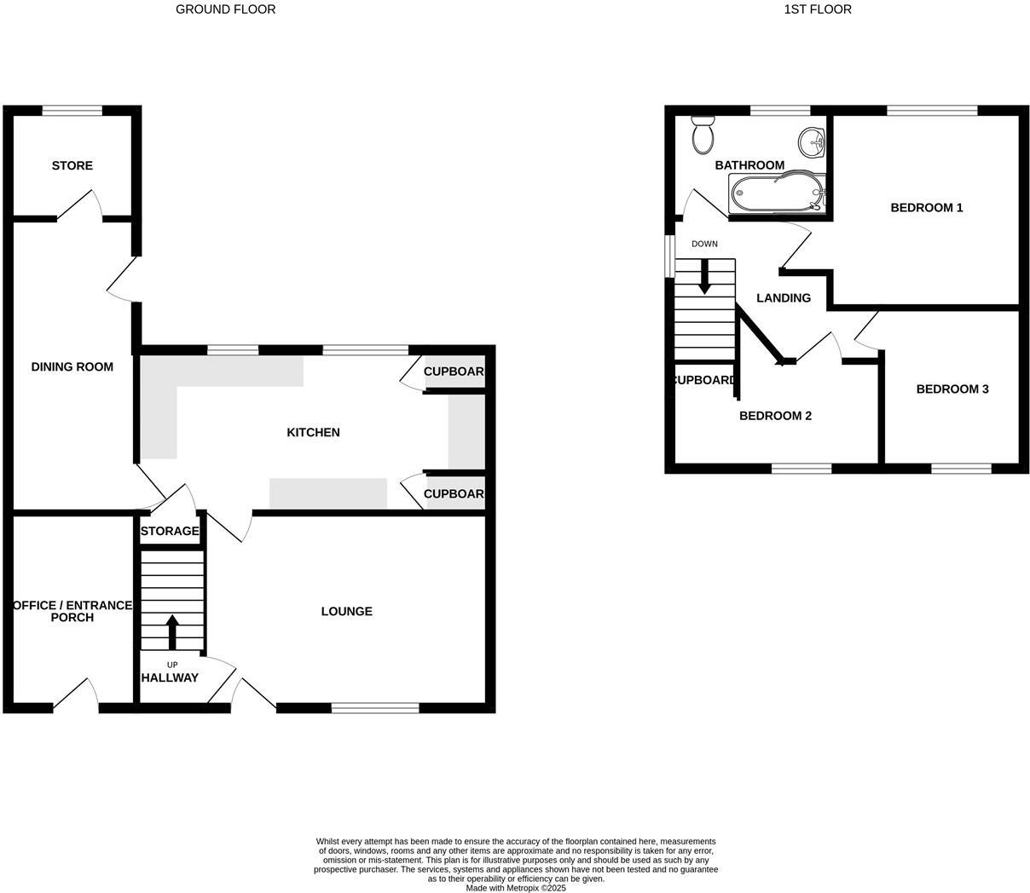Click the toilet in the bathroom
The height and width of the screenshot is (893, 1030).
703,135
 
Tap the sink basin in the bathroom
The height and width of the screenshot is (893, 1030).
811,141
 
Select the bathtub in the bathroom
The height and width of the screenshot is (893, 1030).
777,193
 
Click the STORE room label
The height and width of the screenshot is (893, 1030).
72,165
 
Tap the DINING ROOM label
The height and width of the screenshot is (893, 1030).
72,366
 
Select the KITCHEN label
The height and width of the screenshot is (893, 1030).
313,432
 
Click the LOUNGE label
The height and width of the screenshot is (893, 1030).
346,611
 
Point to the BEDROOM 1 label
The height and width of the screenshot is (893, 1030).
926,207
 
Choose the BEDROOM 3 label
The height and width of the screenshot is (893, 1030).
952,389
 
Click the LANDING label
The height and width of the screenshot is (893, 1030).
784,297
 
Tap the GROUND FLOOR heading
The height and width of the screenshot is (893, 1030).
225,9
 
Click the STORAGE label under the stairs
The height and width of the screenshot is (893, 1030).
170,531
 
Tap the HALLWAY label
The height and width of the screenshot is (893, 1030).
170,677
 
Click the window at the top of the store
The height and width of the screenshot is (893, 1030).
72,110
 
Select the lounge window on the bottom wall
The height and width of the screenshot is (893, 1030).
375,707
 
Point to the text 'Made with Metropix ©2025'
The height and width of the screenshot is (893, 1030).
515,888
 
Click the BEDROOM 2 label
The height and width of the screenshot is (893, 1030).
774,416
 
